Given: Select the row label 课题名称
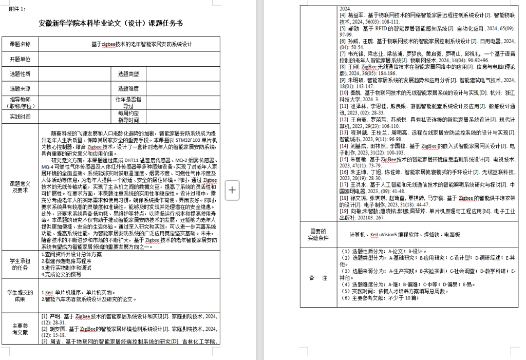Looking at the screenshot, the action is (20, 44).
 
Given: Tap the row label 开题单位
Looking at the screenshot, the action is (20, 59).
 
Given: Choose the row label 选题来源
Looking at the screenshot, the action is (20, 88).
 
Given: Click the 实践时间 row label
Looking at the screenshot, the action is (20, 117).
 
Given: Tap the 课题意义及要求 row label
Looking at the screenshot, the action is (20, 186).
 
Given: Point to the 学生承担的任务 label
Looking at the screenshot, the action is (20, 264).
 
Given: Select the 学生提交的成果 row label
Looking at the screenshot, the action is (20, 296).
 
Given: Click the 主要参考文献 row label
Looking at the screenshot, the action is (20, 329).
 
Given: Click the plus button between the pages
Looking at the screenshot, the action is (232, 190).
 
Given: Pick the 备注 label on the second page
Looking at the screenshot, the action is (318, 277).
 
